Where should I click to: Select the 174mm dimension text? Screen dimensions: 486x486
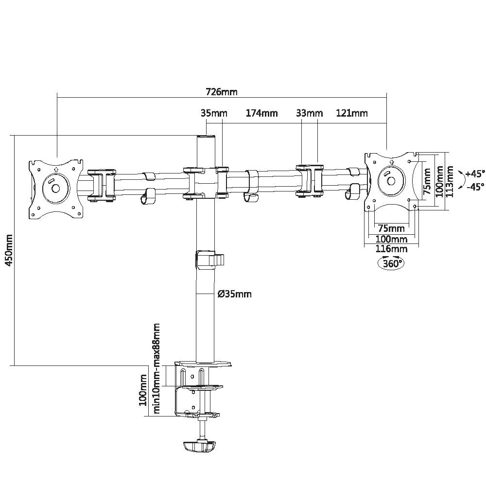coord(261,114)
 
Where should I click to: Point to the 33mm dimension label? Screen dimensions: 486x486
coord(309,114)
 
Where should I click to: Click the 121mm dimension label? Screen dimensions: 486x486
coord(351,114)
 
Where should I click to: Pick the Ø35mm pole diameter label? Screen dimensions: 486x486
coord(235,294)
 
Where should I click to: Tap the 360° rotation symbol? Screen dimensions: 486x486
coord(392,263)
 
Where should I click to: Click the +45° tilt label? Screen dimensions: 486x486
coord(475,174)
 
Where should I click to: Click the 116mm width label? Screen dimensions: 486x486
coord(392,249)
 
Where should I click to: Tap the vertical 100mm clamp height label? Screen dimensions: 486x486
coord(143,390)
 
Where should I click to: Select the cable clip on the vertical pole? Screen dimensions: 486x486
coord(210,259)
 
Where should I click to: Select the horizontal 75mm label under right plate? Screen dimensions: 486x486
coord(391,228)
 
